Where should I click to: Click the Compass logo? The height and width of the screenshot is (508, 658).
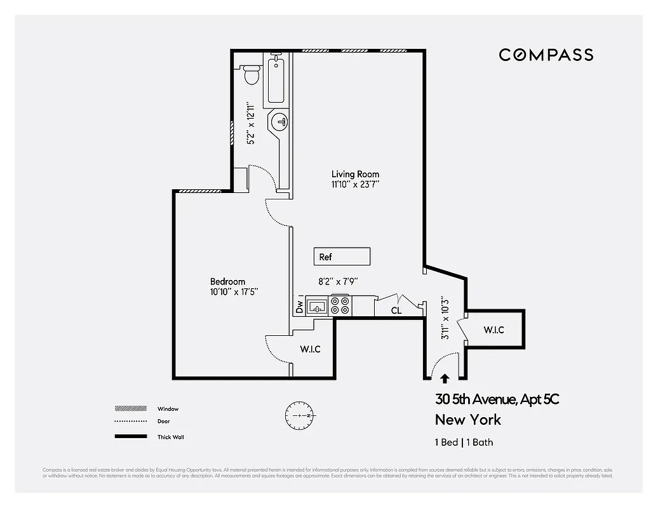tap(546, 55)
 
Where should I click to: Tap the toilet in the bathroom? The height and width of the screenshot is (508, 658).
tap(252, 75)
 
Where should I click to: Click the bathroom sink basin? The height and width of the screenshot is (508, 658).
tap(280, 121)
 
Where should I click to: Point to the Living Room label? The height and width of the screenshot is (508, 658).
tap(355, 174)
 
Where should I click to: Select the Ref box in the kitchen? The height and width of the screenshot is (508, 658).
tap(342, 257)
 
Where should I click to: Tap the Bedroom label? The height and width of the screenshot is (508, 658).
tap(227, 281)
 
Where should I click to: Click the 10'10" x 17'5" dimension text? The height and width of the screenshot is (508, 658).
tap(233, 292)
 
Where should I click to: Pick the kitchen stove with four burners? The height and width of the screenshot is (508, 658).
tap(341, 306)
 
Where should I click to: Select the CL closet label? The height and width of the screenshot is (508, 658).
tap(396, 311)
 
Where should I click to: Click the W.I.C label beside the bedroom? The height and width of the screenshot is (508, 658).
tap(309, 349)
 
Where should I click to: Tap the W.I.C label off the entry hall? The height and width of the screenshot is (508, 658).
tap(493, 330)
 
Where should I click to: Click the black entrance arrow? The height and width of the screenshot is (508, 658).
tap(445, 378)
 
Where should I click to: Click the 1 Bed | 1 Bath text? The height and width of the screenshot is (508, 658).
tap(464, 443)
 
